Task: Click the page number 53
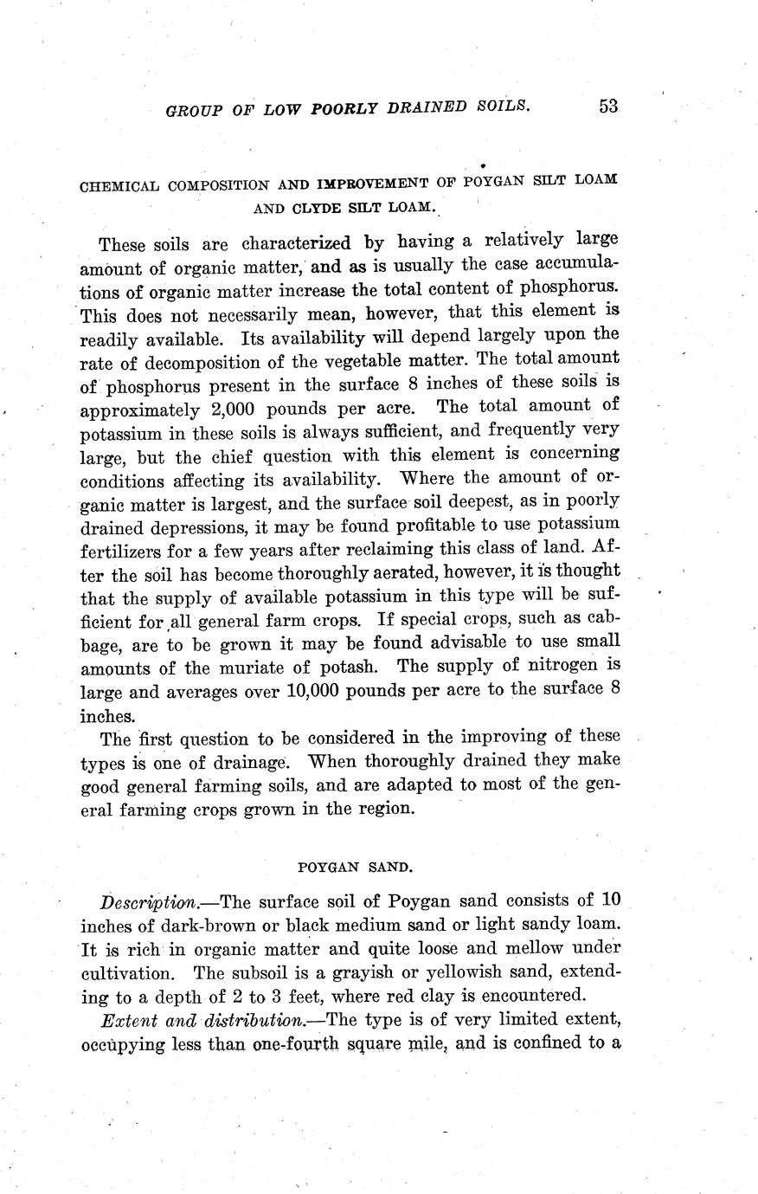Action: [x=608, y=106]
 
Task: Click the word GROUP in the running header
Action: [x=189, y=110]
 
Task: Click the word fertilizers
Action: [x=123, y=549]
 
